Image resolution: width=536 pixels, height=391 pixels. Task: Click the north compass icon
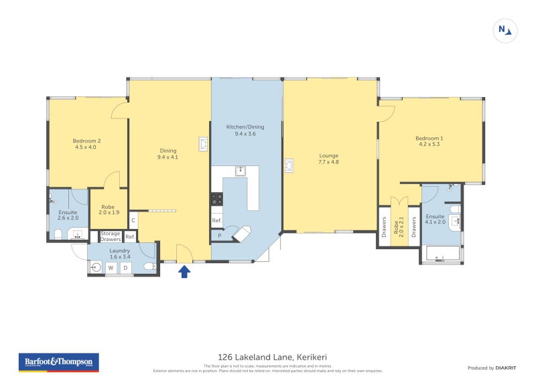point(505,30)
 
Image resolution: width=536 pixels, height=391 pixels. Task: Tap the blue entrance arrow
point(184,271)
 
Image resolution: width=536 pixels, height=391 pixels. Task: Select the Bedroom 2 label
point(87,144)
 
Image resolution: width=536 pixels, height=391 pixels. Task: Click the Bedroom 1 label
point(431,141)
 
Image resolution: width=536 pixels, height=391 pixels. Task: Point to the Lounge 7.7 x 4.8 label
point(328,159)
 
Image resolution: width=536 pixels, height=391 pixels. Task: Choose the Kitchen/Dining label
point(245,130)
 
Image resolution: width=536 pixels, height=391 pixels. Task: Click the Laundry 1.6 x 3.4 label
point(120,253)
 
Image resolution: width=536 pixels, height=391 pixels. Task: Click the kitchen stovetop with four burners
point(217,198)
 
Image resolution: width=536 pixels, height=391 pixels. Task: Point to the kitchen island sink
point(241,171)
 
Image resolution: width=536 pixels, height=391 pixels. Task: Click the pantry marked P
point(219,236)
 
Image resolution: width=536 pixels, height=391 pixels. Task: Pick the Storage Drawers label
point(111,236)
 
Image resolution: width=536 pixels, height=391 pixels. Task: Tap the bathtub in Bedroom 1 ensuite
point(443,254)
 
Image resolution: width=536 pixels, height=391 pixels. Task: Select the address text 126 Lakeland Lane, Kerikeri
point(268,357)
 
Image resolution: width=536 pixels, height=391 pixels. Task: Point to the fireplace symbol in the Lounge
point(289,165)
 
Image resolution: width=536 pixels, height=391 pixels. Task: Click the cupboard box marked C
point(134,220)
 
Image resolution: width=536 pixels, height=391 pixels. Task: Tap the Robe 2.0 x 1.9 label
point(109,209)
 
